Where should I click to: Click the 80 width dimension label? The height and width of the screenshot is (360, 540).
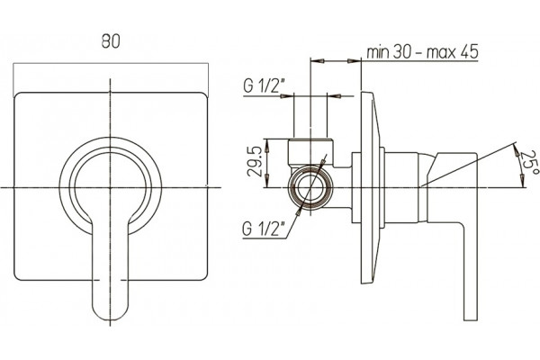pos(111,41)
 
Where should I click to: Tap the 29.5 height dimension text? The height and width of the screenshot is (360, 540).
pos(256,161)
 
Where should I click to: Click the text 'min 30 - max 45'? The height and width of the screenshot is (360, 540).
pos(422,52)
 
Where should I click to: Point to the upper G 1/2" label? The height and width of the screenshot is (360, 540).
pos(261,85)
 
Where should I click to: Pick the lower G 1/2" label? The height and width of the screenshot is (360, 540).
pos(260,229)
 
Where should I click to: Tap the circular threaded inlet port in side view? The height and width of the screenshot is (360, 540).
pos(310,188)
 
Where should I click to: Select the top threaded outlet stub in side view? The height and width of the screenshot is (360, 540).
pos(310,150)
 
